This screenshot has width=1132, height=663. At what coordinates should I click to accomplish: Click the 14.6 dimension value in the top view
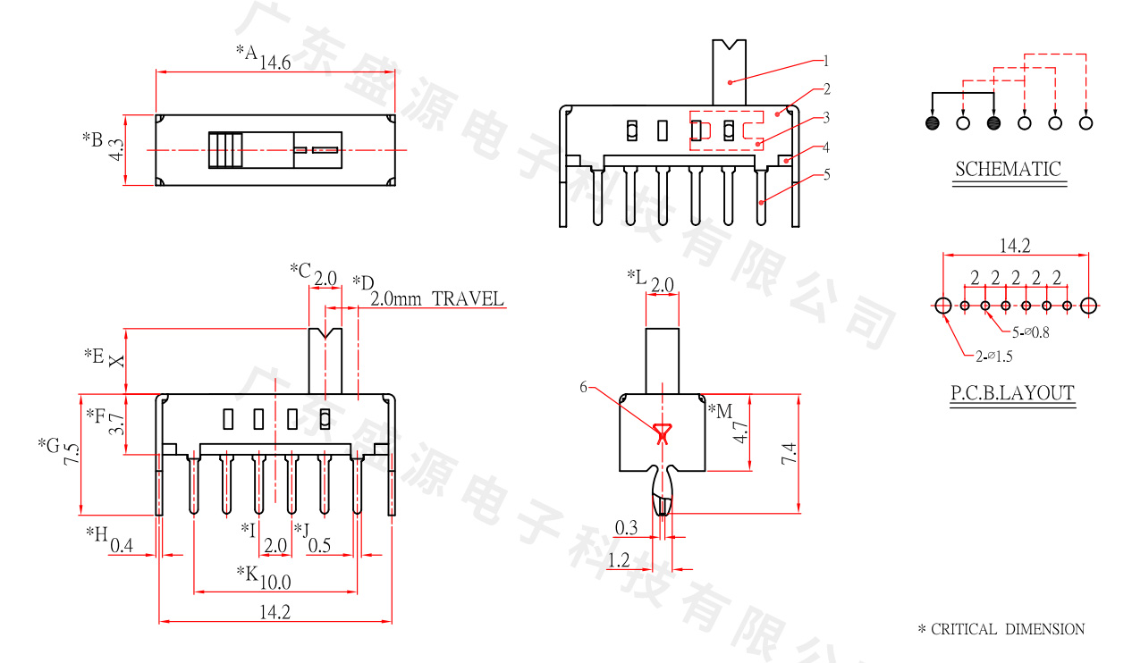[x=275, y=63]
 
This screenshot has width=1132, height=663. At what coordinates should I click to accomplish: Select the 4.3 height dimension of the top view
[x=114, y=150]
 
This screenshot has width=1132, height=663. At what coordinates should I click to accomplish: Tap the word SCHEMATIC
[x=1008, y=169]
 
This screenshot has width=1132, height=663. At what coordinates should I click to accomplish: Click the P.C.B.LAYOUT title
[x=1012, y=392]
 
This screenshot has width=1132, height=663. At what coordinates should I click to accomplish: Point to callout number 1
[x=826, y=61]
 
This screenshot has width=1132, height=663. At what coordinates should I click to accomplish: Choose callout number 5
[x=826, y=173]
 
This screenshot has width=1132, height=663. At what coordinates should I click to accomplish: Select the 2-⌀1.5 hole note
[x=993, y=356]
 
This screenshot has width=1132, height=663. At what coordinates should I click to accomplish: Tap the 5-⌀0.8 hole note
[x=1031, y=333]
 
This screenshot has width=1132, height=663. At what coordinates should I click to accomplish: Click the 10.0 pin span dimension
[x=275, y=583]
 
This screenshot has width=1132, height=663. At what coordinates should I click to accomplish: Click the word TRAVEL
[x=468, y=298]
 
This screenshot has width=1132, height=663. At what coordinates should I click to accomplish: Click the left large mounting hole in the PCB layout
[x=943, y=306]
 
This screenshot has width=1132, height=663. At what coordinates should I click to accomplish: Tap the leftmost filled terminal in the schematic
[x=933, y=122]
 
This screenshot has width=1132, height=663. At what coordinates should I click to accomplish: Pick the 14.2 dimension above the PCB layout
[x=1015, y=246]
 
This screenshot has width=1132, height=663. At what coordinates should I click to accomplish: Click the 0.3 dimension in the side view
[x=627, y=527]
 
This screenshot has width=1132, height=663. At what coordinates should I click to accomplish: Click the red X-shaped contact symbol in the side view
[x=662, y=434]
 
